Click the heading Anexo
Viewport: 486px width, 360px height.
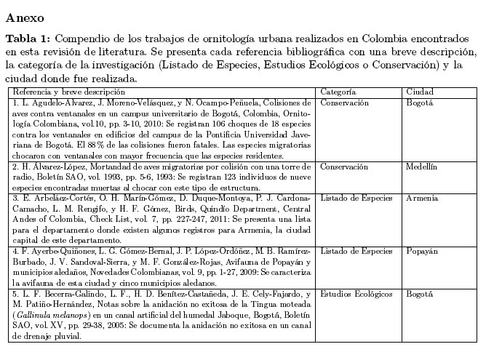[x=25, y=16]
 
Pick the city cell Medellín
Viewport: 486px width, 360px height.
[x=421, y=167]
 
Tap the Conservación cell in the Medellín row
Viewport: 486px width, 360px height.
[x=344, y=167]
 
